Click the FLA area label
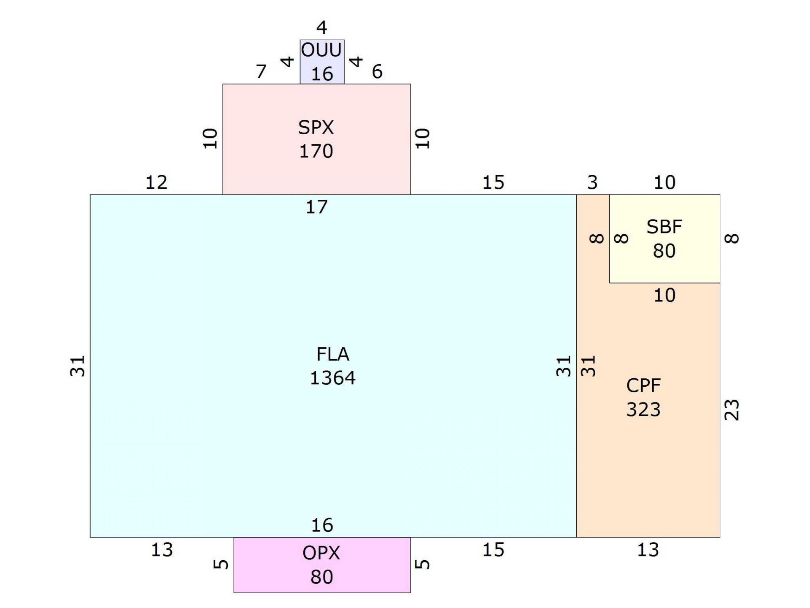pyautogui.click(x=333, y=354)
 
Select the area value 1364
pyautogui.click(x=333, y=378)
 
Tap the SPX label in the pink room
pyautogui.click(x=316, y=128)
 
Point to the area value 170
pyautogui.click(x=316, y=151)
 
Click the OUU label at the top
pyautogui.click(x=321, y=50)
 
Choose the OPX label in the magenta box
pyautogui.click(x=321, y=553)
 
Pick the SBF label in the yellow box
pyautogui.click(x=664, y=227)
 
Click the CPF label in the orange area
pyautogui.click(x=643, y=385)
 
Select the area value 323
pyautogui.click(x=643, y=410)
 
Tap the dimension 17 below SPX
pyautogui.click(x=316, y=207)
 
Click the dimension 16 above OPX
pyautogui.click(x=322, y=525)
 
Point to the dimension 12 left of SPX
pyautogui.click(x=157, y=182)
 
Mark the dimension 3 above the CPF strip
pyautogui.click(x=593, y=182)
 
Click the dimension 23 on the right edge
pyautogui.click(x=732, y=410)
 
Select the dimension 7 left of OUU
pyautogui.click(x=261, y=72)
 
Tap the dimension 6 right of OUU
pyautogui.click(x=377, y=72)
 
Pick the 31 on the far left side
pyautogui.click(x=78, y=366)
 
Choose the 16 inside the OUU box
pyautogui.click(x=322, y=74)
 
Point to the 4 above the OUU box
pyautogui.click(x=322, y=28)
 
